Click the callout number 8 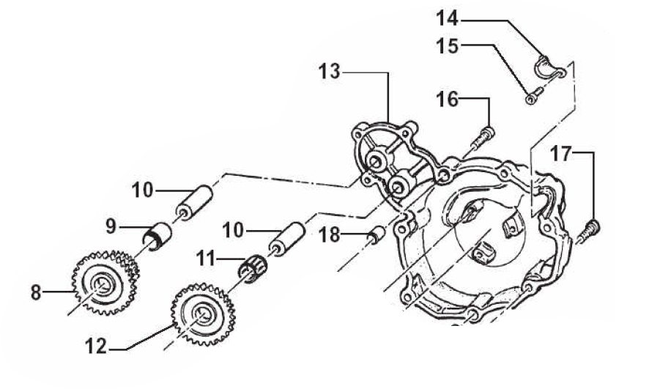pos(36,292)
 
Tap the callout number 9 pos(111,227)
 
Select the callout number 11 pos(206,259)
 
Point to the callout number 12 pos(96,347)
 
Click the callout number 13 pos(329,72)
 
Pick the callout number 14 pos(447,18)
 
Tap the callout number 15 pos(447,45)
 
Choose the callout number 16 pos(447,100)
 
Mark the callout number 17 pos(561,154)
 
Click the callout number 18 pos(329,235)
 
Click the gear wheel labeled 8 pos(105,283)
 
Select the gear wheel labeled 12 pos(203,314)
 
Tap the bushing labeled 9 pos(157,236)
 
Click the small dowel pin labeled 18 pos(377,234)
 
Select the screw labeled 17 pos(588,231)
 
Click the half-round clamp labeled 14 pos(549,68)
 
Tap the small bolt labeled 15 pos(534,95)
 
